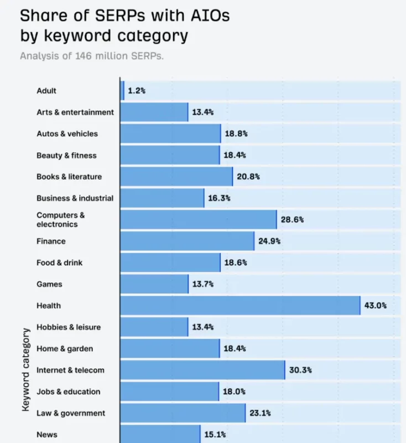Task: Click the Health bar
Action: [x=240, y=306]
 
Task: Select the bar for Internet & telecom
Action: [x=202, y=370]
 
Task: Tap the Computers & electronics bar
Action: [x=198, y=219]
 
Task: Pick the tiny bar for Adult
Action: [x=122, y=90]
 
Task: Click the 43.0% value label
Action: [x=375, y=306]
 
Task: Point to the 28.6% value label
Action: [x=292, y=219]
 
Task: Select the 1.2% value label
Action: [x=136, y=90]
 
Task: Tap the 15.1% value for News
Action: [x=215, y=435]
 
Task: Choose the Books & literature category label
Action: [x=69, y=177]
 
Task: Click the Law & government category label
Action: [x=71, y=413]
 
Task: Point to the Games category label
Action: [x=49, y=284]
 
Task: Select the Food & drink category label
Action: [x=60, y=262]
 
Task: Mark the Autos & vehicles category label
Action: [x=67, y=133]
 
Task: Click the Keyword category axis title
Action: [x=25, y=369]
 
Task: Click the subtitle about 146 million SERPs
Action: [x=92, y=56]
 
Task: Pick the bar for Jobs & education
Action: [x=169, y=392]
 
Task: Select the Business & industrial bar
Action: [x=162, y=198]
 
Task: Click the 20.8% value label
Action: [x=248, y=177]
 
